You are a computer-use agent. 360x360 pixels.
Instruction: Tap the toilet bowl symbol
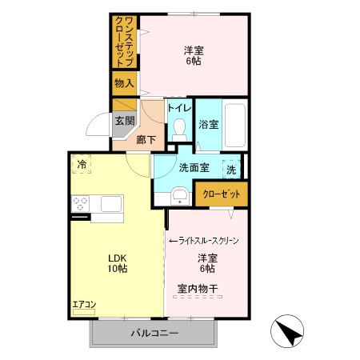coord(178,129)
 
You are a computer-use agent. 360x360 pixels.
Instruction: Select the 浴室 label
coord(208,124)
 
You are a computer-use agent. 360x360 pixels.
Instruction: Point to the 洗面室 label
coord(194,167)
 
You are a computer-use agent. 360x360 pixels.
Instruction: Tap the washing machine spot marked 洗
coord(231,169)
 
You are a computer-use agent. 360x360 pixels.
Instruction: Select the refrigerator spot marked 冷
coord(82,164)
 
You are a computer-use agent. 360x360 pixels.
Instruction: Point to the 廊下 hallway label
coord(145,138)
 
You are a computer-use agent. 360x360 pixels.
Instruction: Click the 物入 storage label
coord(124,82)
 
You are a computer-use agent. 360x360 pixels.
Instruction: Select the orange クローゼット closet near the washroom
coord(218,194)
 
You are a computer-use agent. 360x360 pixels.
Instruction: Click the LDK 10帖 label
coord(118,263)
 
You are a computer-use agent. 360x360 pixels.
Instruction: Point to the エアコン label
coord(84,304)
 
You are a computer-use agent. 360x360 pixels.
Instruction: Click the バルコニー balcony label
coord(154,333)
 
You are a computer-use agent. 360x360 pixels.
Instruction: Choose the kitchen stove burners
coord(81,206)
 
